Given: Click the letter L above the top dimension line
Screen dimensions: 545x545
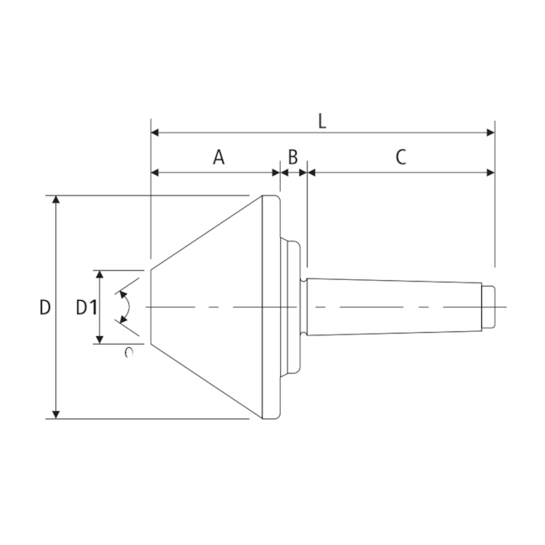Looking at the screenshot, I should [x=322, y=119].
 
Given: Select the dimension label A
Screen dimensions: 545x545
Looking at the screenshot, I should [x=218, y=157].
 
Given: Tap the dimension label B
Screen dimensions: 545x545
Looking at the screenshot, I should [x=293, y=157].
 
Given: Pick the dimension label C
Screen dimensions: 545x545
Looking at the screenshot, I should [x=401, y=157].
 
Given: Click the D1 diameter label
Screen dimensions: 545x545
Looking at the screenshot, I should [x=87, y=308].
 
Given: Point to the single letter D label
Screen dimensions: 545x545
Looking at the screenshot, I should [x=44, y=308].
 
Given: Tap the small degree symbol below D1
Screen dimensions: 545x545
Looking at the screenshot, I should [x=128, y=352].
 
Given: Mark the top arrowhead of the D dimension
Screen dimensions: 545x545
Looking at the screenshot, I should [x=56, y=201].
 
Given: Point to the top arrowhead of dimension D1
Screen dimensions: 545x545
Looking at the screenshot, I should [x=100, y=276].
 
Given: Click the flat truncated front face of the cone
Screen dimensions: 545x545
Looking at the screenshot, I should [x=151, y=307].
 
